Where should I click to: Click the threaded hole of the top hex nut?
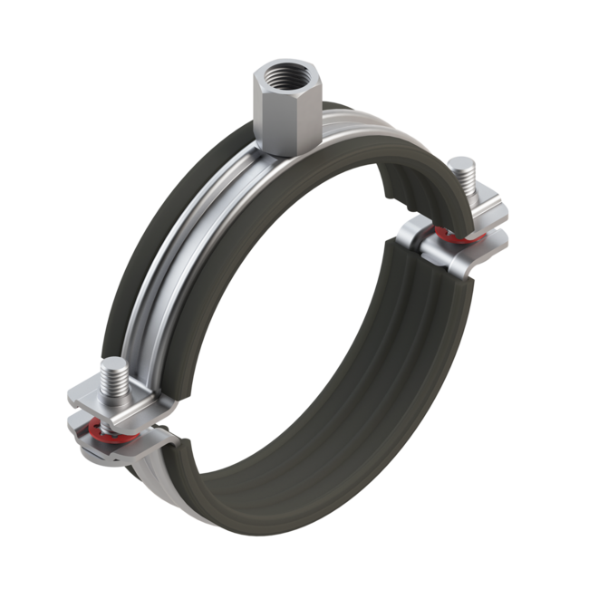tap(285, 69)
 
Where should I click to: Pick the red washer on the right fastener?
tap(453, 237)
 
